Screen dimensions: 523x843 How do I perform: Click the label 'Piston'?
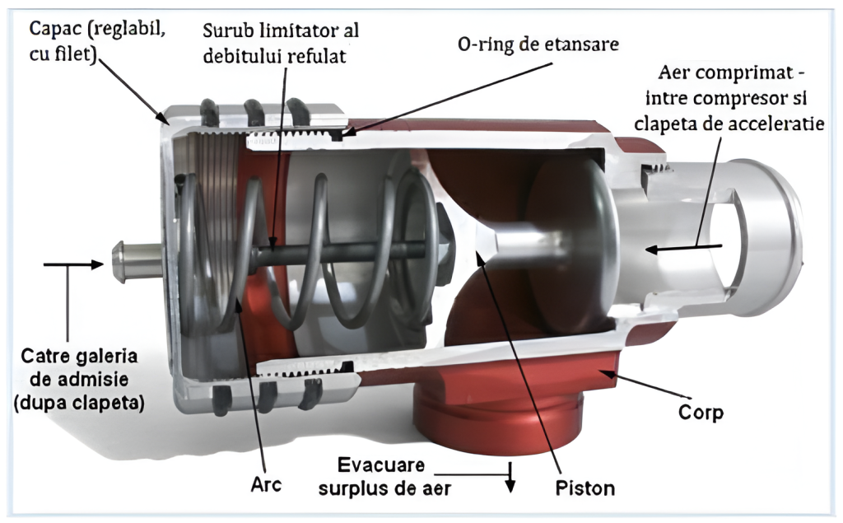pos(584,487)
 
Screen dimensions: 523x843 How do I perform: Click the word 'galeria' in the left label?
pos(109,359)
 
